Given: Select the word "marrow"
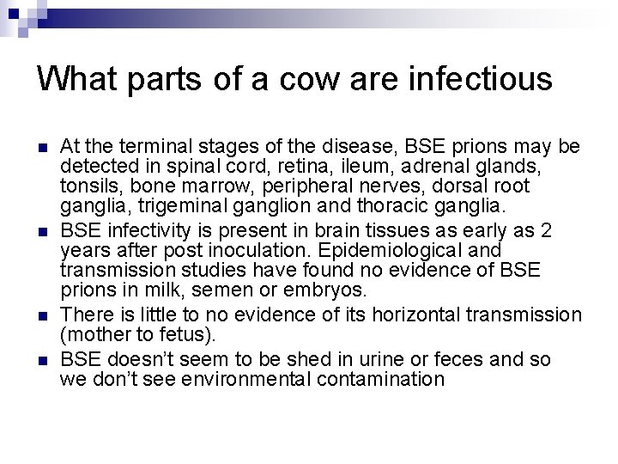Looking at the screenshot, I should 196,186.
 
